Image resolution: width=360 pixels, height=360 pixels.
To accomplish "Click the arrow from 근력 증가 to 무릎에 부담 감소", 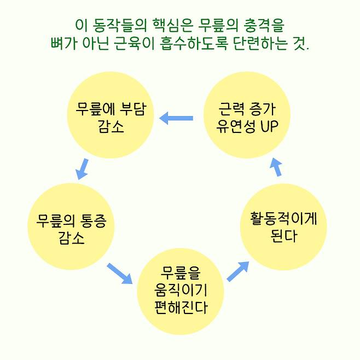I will click(x=176, y=118).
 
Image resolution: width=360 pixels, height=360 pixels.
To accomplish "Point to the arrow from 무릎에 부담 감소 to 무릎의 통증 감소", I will click(x=82, y=169).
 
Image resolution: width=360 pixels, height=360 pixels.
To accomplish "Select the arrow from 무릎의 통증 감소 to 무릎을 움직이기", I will click(x=120, y=273).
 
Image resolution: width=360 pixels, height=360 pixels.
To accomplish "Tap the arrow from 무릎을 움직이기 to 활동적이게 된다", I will click(x=238, y=271).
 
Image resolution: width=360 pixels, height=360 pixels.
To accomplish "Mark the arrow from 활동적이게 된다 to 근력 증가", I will click(x=276, y=167).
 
